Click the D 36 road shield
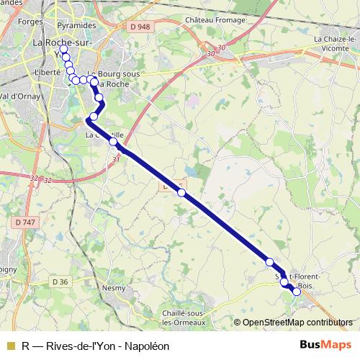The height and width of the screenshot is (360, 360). click(x=62, y=281)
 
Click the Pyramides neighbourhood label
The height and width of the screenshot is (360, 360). click(x=79, y=25)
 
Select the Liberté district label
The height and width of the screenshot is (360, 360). click(x=48, y=73)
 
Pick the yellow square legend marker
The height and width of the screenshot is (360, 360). click(x=9, y=346)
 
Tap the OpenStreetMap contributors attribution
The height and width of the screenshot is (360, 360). click(x=297, y=323)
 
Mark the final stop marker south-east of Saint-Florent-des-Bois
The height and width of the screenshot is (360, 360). click(x=296, y=292)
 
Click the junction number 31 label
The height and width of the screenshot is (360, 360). click(x=115, y=160)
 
